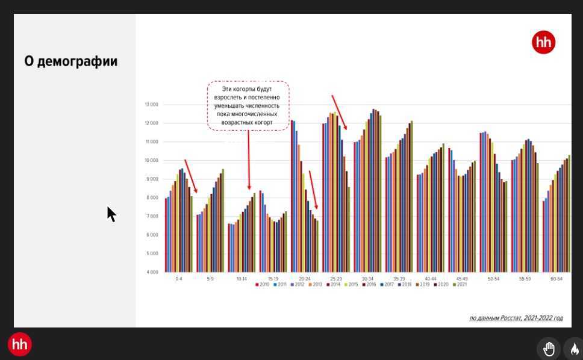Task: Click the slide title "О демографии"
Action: pos(70,61)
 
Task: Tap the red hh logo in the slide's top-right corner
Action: pos(543,43)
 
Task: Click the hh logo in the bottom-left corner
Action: pos(20,344)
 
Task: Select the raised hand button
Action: pos(549,349)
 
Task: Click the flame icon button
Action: pos(574,349)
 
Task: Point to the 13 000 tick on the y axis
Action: pos(151,105)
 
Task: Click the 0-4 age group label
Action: pos(179,279)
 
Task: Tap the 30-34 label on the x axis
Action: pos(367,279)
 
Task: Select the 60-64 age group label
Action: pos(556,279)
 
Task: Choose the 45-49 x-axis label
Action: pos(462,279)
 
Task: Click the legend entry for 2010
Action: pos(263,285)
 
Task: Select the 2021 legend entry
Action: pos(460,285)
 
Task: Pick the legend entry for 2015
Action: pos(352,285)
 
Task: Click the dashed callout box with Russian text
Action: pos(248,106)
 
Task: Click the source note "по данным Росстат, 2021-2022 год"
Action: pos(516,318)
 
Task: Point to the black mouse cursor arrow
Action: pos(111,213)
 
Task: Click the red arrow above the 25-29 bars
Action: pos(339,112)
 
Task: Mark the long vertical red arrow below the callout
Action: pos(249,160)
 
